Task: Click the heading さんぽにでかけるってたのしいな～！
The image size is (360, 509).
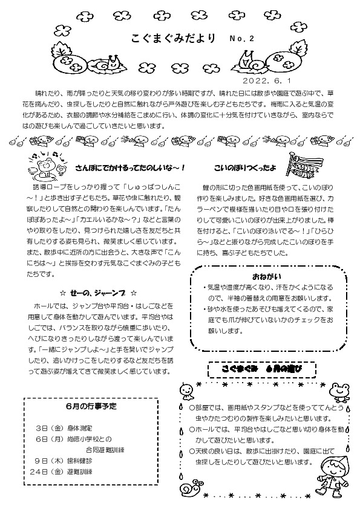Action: pos(129,167)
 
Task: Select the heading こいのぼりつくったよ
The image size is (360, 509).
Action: pos(253,167)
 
